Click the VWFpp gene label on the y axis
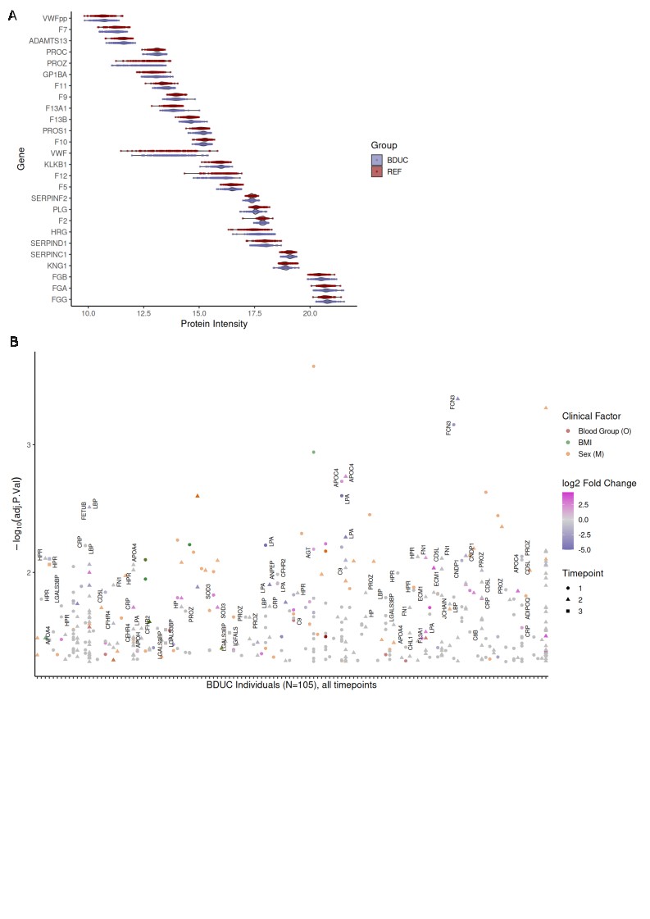coord(56,17)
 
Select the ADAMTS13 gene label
coord(49,39)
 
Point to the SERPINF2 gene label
coord(49,198)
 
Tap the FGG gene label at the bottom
coord(59,300)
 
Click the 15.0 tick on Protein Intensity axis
coord(199,312)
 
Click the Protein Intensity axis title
coord(214,324)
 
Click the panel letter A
coord(12,14)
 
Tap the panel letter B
coord(12,340)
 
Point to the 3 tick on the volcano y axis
coord(29,444)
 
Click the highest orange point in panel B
coord(314,366)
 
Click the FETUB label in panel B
coord(84,510)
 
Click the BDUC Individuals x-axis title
coord(292,685)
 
